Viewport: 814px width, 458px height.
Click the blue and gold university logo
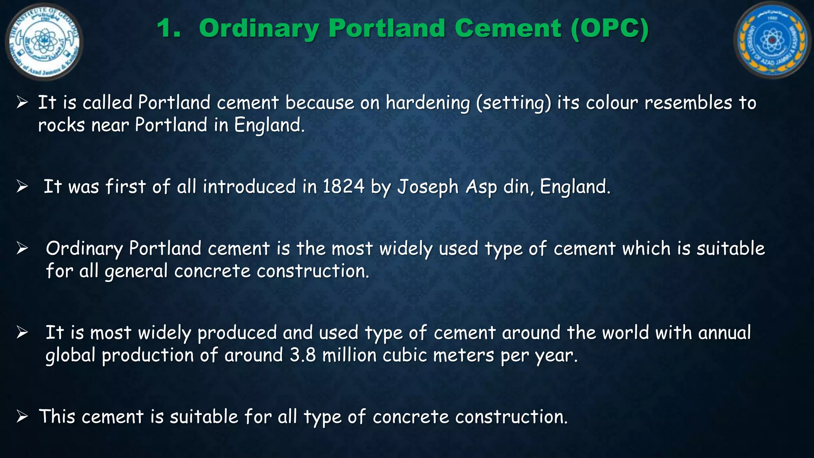point(771,40)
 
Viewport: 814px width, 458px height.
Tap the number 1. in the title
point(169,29)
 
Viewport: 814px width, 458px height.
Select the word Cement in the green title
point(508,29)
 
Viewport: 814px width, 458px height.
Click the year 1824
point(343,186)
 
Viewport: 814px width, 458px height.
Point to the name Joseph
point(428,187)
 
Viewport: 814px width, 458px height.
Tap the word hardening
point(428,103)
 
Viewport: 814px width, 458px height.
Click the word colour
point(612,103)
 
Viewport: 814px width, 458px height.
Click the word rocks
point(61,126)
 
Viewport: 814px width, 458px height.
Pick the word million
point(349,355)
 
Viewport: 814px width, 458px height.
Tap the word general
point(136,272)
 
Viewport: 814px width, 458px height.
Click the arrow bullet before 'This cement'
point(22,417)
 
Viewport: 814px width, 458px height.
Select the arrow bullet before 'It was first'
point(22,186)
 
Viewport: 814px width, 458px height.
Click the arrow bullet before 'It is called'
point(22,103)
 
